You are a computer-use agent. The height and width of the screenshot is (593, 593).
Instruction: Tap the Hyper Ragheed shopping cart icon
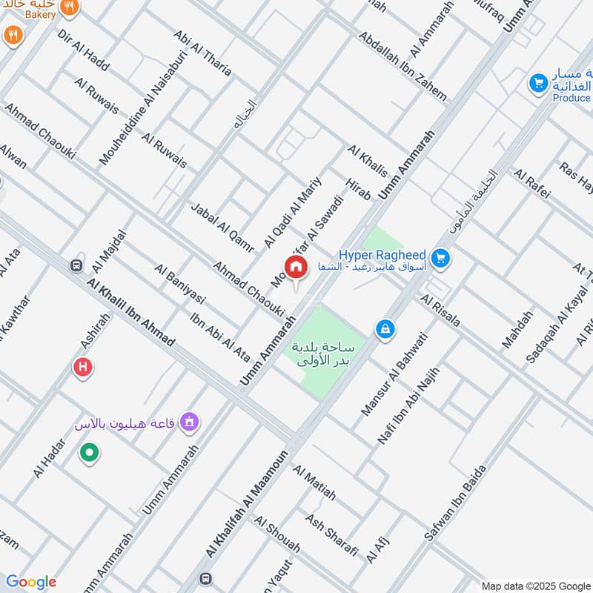pyautogui.click(x=440, y=258)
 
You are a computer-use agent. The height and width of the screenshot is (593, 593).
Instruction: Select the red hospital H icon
pyautogui.click(x=83, y=366)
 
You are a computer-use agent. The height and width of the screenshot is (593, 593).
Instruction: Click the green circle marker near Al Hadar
pyautogui.click(x=89, y=452)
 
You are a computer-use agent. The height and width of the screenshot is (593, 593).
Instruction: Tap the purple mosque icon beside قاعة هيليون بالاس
pyautogui.click(x=191, y=423)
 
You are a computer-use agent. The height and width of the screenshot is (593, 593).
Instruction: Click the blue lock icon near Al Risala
pyautogui.click(x=385, y=328)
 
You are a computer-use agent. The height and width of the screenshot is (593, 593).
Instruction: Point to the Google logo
pyautogui.click(x=31, y=582)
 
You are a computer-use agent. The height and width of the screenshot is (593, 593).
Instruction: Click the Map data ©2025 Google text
pyautogui.click(x=534, y=584)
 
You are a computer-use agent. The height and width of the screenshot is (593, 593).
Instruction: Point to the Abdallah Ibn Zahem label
pyautogui.click(x=402, y=66)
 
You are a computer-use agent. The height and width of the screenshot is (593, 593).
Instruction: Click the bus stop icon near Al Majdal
pyautogui.click(x=76, y=265)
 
